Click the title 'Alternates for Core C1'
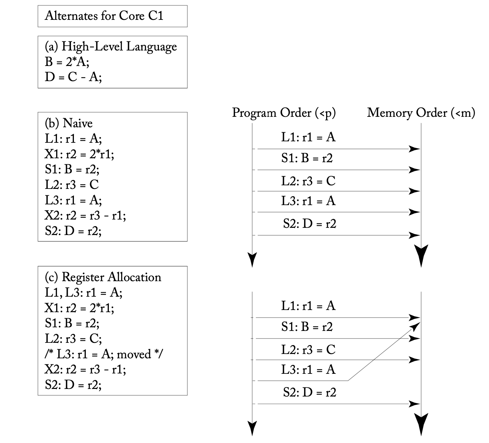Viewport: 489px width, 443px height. [104, 16]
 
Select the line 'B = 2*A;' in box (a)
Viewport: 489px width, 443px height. [67, 62]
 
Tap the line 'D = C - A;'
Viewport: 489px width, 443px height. [73, 77]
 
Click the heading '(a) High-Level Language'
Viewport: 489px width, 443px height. [111, 46]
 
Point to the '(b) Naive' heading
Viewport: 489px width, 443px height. [69, 123]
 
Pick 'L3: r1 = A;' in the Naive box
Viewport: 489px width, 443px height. [74, 200]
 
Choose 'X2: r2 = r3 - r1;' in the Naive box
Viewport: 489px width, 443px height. [85, 216]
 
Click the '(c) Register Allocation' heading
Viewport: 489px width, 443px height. [103, 277]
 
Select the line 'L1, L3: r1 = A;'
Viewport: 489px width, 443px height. [84, 292]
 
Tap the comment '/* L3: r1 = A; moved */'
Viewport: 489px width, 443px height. [104, 354]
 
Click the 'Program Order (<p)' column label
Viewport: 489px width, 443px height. [284, 113]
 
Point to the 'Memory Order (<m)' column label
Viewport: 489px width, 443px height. [421, 113]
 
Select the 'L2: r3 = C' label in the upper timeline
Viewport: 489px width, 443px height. [308, 181]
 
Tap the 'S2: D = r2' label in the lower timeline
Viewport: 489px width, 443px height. [310, 393]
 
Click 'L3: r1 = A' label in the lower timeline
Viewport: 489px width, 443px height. [308, 369]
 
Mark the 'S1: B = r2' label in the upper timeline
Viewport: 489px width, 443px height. [307, 158]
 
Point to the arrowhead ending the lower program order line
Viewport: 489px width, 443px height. [252, 429]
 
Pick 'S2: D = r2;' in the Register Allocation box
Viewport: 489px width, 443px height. [73, 385]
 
